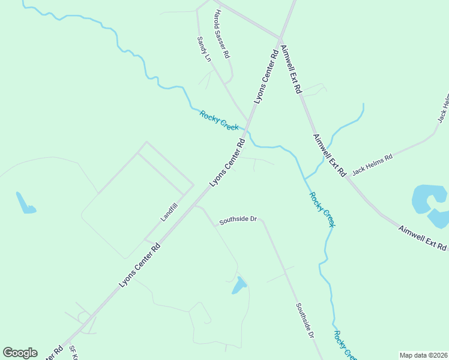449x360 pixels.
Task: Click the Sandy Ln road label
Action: tap(204, 49)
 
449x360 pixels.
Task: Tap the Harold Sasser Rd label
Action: tap(222, 34)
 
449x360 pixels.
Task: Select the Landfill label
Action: tap(169, 212)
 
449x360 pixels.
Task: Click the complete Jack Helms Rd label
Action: tap(372, 164)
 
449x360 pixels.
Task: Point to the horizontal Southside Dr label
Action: tap(238, 220)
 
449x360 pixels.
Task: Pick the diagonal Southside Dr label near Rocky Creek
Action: tap(305, 320)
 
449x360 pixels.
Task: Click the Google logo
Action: tap(20, 353)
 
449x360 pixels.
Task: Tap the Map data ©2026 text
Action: tap(423, 355)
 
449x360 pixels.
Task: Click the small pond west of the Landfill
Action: tap(25, 203)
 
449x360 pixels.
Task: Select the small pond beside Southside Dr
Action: tap(239, 286)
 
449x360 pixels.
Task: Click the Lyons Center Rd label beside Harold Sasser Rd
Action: tap(267, 76)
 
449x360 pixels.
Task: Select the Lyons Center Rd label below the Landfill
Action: tap(139, 265)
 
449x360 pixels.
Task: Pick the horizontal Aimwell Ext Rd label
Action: tap(423, 238)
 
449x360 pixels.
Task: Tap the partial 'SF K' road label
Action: tap(73, 353)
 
